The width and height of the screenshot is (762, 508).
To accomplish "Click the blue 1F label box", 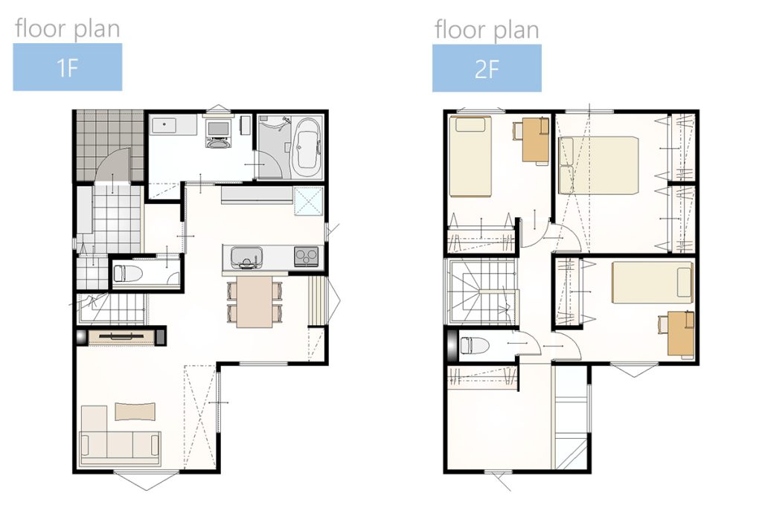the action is (x=68, y=67).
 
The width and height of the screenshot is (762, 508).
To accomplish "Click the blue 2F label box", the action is (x=487, y=68).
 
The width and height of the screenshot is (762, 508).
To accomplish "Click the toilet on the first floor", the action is (x=128, y=274).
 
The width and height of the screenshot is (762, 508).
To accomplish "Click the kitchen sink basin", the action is (x=246, y=257).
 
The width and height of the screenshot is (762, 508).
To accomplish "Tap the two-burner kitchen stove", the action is (x=307, y=256).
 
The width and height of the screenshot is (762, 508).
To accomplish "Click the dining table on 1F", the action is (x=255, y=301).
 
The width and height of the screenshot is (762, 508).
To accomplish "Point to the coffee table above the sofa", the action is (x=135, y=411).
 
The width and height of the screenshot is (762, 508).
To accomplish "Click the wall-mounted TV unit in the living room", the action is (x=121, y=337).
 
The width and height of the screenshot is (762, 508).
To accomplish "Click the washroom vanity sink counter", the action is (x=173, y=125).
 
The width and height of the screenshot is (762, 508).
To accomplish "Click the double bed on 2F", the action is (x=598, y=165).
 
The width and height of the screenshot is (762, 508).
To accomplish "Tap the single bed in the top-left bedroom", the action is (x=470, y=156).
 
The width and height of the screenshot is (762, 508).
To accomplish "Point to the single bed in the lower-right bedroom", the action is (x=653, y=282).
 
